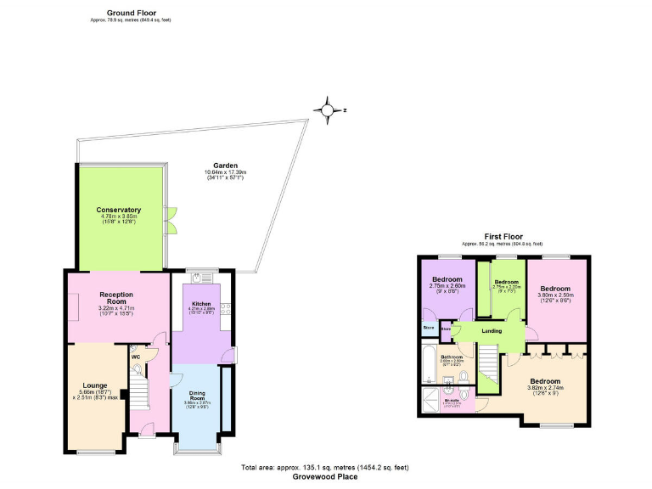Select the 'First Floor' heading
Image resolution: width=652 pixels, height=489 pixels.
click(x=503, y=237)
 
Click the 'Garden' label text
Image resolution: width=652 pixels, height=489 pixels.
click(x=225, y=166)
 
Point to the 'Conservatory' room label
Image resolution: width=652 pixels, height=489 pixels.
click(x=119, y=210)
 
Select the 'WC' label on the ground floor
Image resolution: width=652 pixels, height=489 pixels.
click(x=135, y=357)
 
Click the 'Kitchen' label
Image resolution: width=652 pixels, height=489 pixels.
click(x=201, y=302)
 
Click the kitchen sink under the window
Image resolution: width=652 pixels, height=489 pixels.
click(x=200, y=278)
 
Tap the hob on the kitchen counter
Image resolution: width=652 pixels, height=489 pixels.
click(x=225, y=309)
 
